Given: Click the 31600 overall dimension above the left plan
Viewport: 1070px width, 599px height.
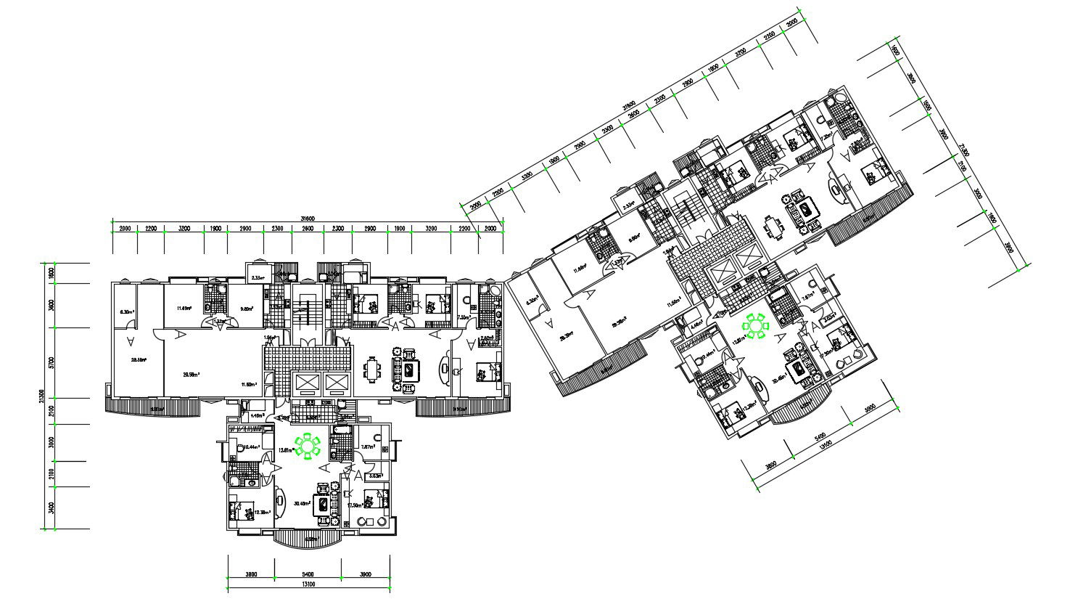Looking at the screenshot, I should [x=308, y=219].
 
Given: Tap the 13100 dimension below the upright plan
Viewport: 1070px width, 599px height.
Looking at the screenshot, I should [x=308, y=584].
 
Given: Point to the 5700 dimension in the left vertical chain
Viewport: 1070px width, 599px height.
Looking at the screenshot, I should [x=50, y=362].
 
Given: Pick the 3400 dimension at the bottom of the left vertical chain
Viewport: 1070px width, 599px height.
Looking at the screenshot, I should [x=50, y=508].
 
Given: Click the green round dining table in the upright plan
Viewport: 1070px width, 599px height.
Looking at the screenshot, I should [x=309, y=446].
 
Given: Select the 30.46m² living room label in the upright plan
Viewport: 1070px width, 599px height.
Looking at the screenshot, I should [x=302, y=503].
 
